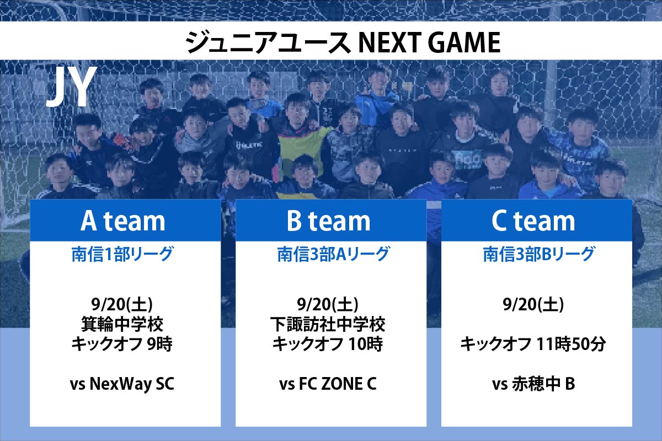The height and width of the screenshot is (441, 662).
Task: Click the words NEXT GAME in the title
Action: tap(429, 42)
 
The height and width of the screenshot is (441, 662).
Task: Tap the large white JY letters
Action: tap(72, 86)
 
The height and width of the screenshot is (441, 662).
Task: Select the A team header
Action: tap(123, 221)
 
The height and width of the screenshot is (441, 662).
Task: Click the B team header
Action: tap(329, 221)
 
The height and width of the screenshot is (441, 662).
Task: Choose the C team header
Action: tap(533, 221)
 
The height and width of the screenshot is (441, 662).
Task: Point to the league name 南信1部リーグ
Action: tap(122, 254)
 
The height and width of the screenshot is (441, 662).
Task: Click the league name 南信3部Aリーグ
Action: tap(334, 254)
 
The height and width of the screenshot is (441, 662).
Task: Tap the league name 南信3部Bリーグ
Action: tap(539, 254)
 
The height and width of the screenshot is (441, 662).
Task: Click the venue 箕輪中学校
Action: tap(122, 324)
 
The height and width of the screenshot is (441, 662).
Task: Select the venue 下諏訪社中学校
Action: tap(328, 324)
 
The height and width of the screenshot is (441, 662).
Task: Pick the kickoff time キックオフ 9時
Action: tap(122, 344)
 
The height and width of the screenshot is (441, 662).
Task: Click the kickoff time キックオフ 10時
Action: tap(328, 344)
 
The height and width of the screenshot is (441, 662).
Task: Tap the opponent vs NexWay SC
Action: tap(122, 384)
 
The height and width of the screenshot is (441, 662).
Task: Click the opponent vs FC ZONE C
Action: tap(328, 384)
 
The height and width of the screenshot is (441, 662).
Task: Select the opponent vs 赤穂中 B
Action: tap(533, 384)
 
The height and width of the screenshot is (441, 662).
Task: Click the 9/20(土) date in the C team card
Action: tap(533, 304)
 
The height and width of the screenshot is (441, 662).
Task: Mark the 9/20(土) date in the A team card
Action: tap(122, 304)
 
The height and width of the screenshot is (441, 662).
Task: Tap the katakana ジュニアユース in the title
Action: tap(268, 42)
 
